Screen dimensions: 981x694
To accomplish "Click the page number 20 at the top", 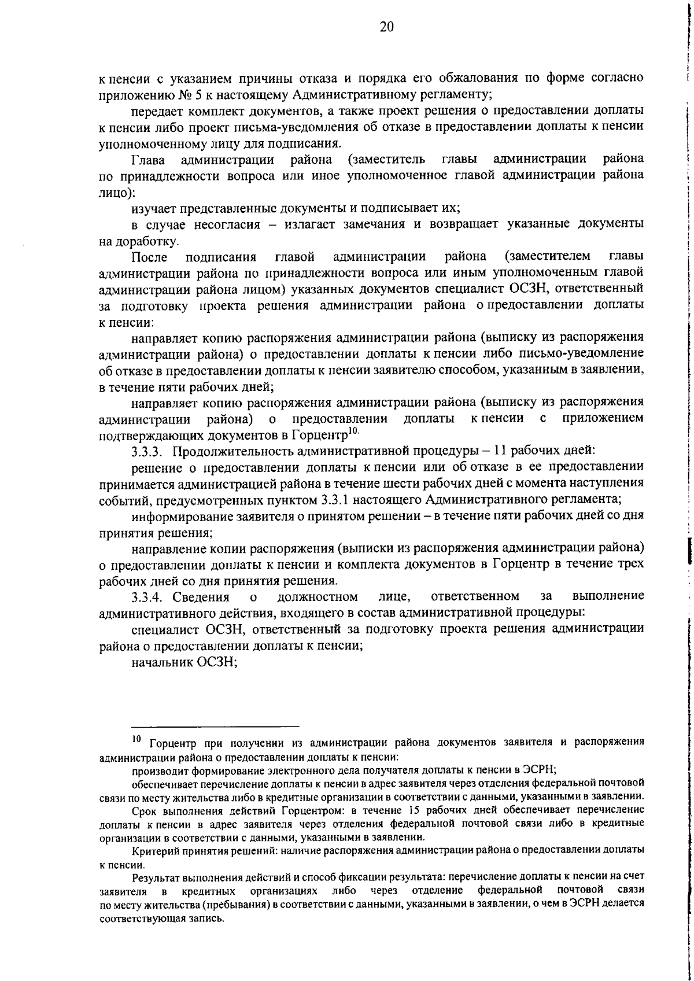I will tap(387, 27).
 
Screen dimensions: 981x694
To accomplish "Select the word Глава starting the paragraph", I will tap(147, 159).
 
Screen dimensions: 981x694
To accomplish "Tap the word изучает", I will tap(153, 208).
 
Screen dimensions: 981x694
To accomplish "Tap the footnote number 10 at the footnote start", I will tap(136, 739).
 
